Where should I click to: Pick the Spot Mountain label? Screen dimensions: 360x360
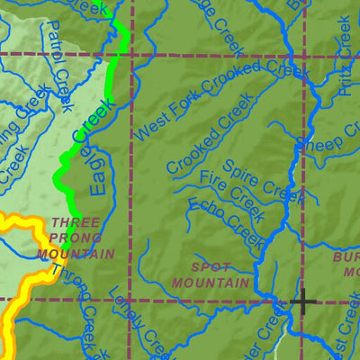(211, 275)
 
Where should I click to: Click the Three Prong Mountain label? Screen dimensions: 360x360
(76, 238)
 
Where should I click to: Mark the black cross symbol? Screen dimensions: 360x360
(301, 301)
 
